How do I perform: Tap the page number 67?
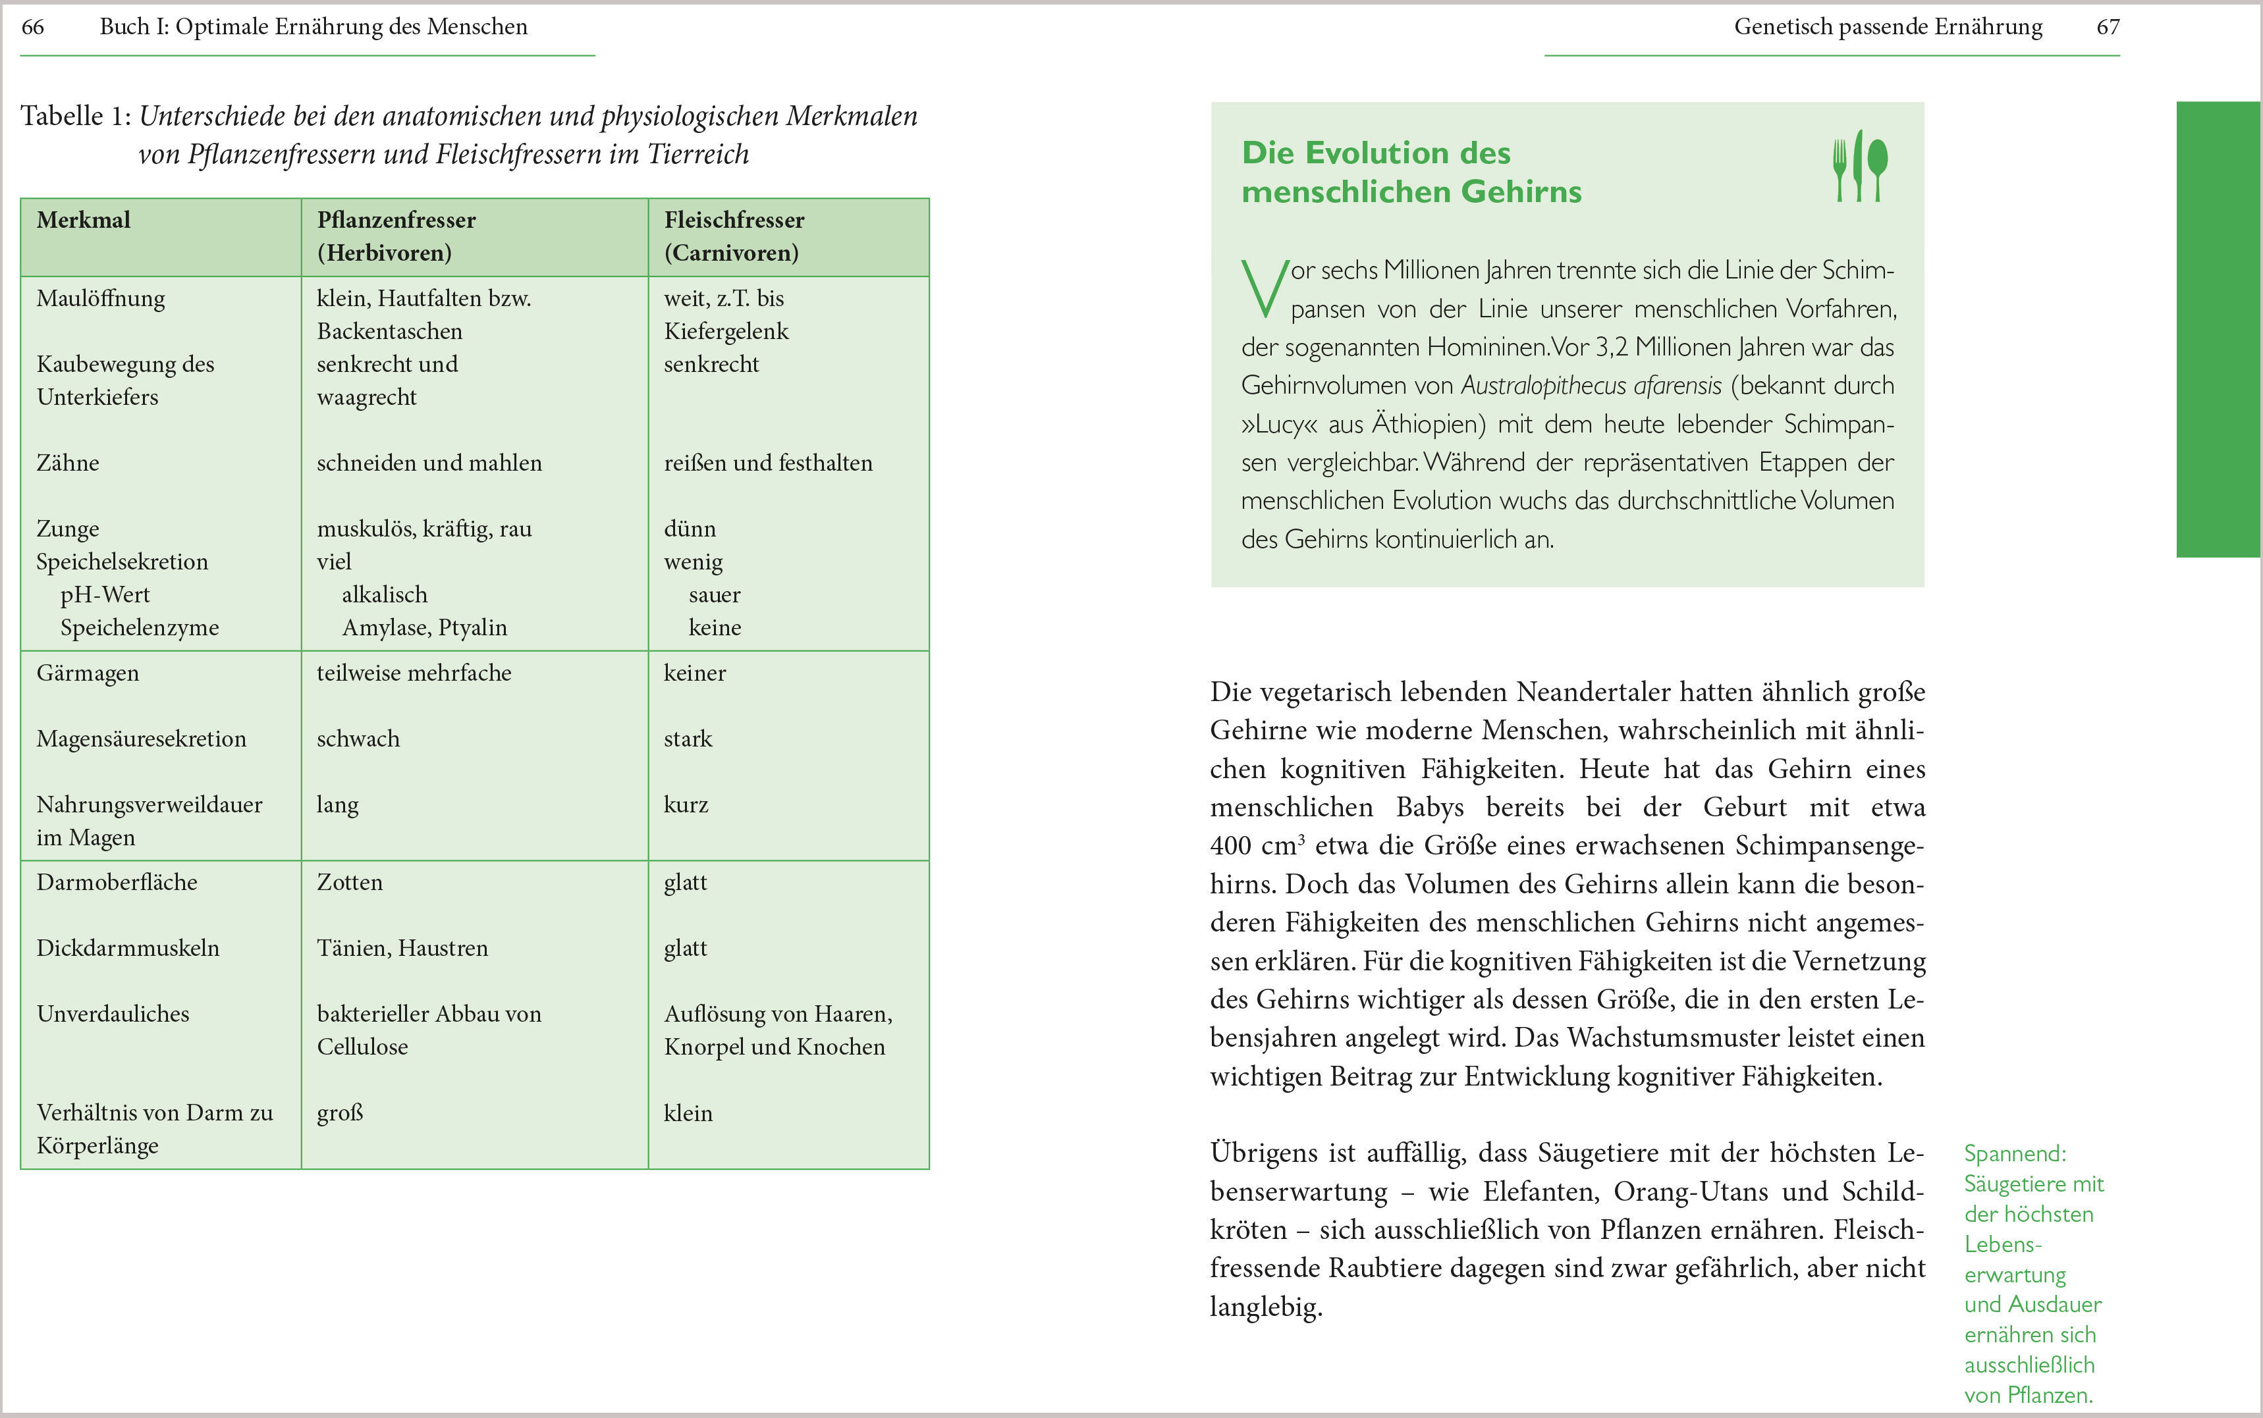[2108, 27]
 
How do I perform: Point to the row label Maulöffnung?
[100, 299]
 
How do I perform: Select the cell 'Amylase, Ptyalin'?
[424, 628]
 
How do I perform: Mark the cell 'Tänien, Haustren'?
[402, 948]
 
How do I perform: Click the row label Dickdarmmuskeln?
[128, 948]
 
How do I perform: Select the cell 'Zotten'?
[349, 883]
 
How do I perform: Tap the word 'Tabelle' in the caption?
[63, 117]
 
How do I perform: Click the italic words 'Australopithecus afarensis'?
[1591, 386]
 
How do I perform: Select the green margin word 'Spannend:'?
[2014, 1153]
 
